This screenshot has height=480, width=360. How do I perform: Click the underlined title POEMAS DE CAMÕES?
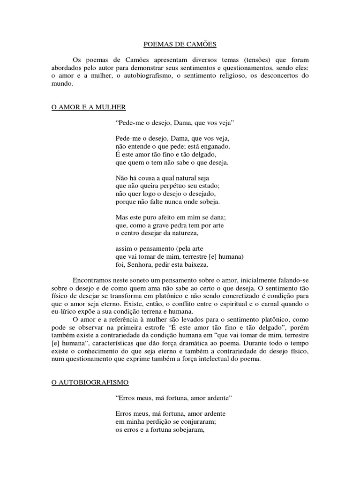point(180,45)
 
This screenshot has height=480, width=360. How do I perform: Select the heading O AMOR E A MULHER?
point(89,107)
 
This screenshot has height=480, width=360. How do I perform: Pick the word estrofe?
point(165,328)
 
